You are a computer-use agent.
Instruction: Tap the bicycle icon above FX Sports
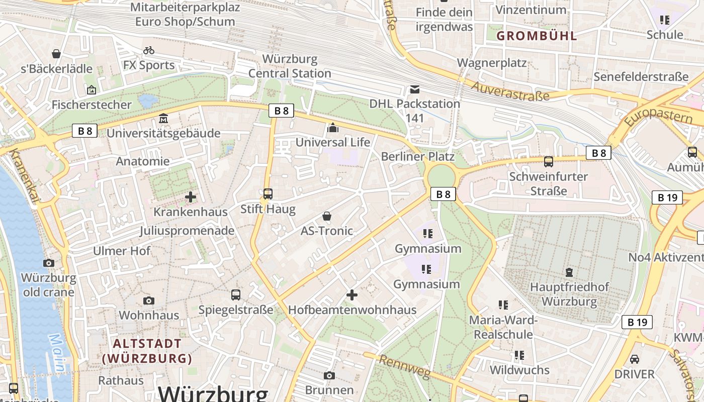point(149,50)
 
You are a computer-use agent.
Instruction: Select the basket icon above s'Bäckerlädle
point(56,54)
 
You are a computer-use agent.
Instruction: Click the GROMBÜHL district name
point(537,36)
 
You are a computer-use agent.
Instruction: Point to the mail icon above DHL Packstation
point(414,89)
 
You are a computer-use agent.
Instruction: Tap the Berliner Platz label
point(417,156)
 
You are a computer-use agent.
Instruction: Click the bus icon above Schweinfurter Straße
point(548,162)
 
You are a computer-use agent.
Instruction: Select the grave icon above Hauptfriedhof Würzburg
point(569,272)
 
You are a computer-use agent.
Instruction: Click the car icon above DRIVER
point(635,359)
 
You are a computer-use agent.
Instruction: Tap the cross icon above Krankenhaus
point(191,197)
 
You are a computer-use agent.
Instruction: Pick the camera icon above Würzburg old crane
point(48,263)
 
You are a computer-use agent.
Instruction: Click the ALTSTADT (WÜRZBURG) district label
point(147,351)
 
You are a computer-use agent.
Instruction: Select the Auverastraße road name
point(510,91)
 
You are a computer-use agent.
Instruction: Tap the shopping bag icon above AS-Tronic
point(327,216)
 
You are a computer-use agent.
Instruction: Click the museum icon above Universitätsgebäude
point(163,119)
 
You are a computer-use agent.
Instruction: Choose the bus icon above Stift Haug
point(268,193)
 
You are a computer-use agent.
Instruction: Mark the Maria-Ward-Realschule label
point(503,327)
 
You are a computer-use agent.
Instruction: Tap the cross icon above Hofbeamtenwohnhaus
point(352,295)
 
